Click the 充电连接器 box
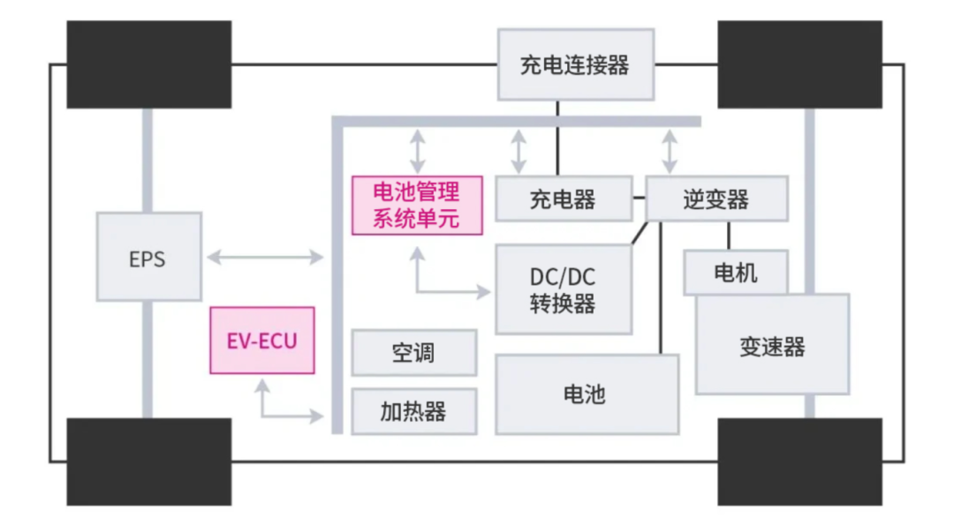pos(575,64)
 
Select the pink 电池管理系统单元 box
pos(417,205)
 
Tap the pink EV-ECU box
pos(261,341)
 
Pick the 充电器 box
pos(563,199)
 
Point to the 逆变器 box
pos(716,199)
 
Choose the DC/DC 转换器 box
pos(563,289)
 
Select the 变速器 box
pos(772,346)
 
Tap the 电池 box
pos(586,394)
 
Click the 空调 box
pos(413,353)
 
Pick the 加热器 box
pos(413,411)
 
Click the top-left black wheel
pos(148,64)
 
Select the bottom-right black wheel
pos(799,461)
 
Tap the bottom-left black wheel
pos(148,461)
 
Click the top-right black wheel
pos(799,64)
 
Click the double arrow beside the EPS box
pos(265,257)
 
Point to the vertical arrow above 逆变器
pos(670,151)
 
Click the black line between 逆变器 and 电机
pos(729,235)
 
